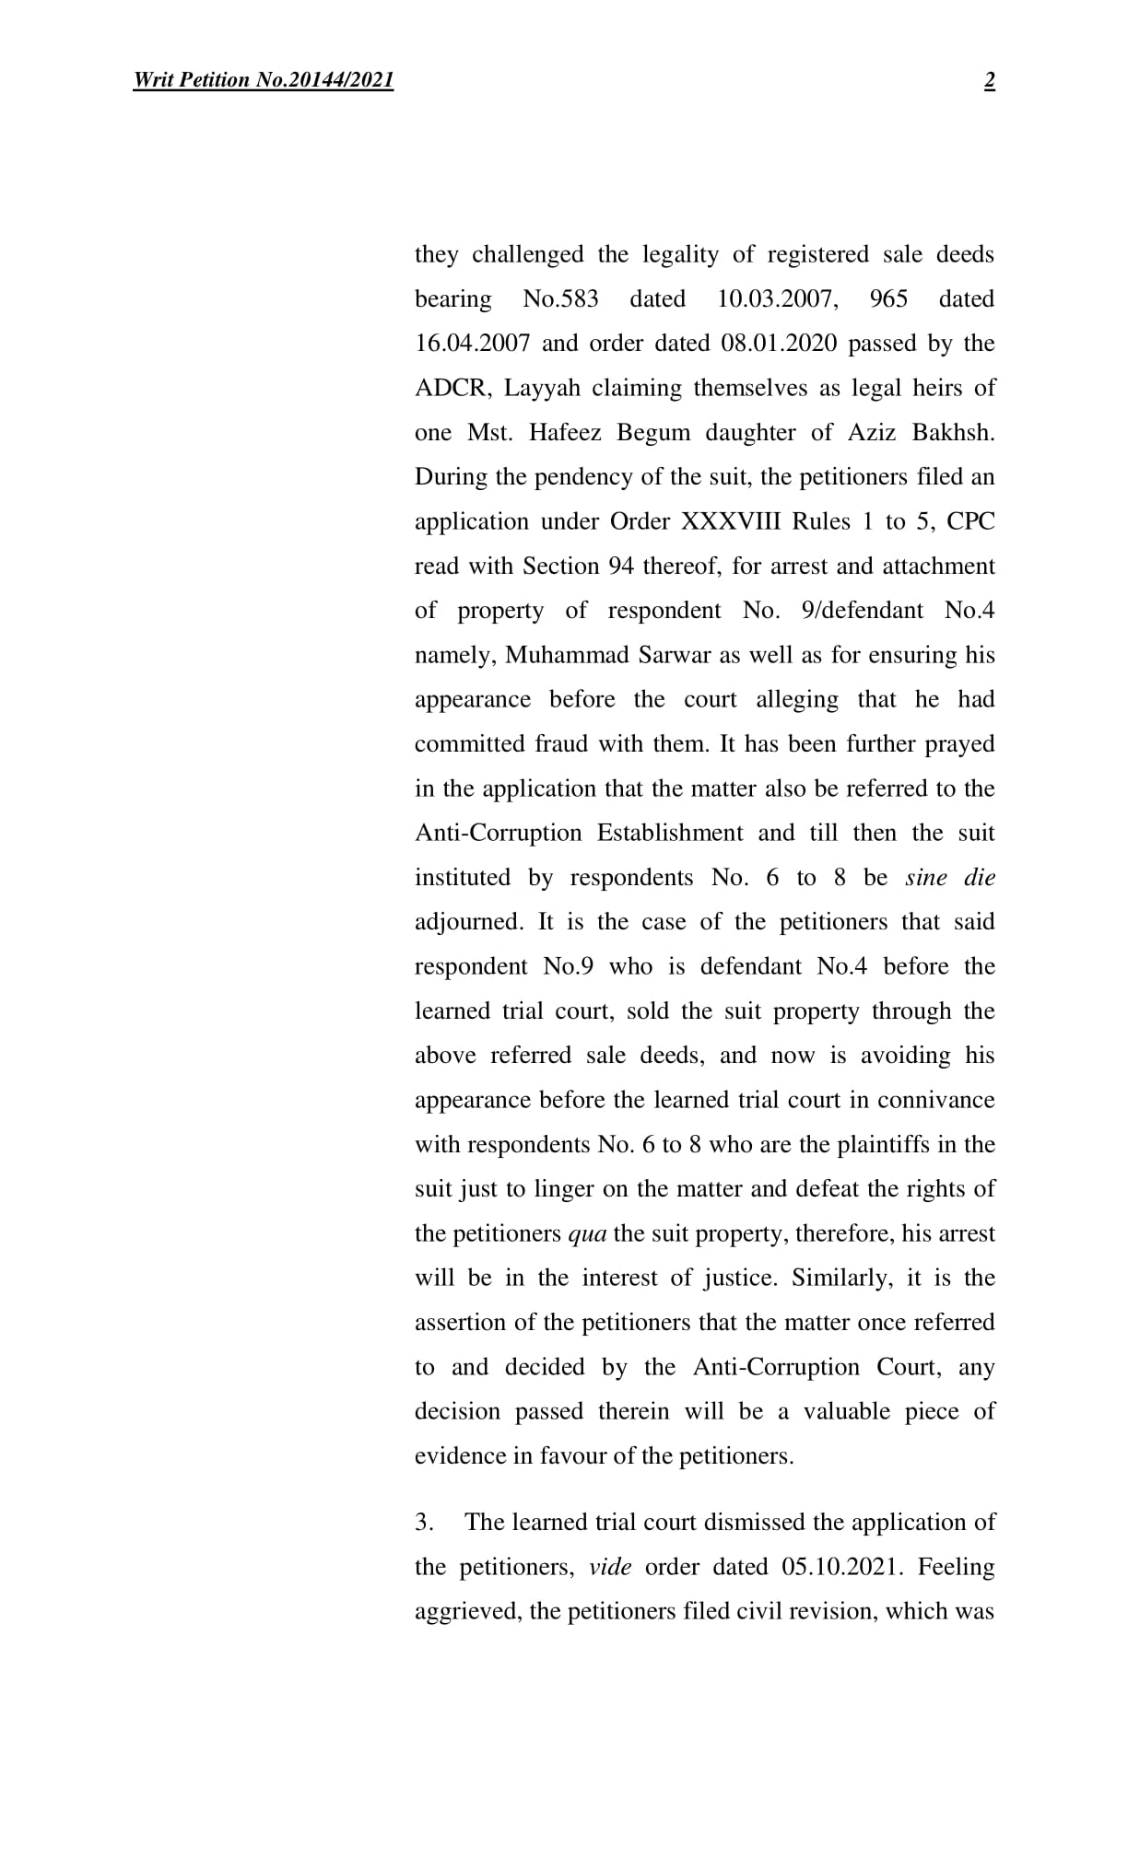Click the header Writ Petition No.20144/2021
tap(264, 81)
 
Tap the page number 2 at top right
tap(989, 81)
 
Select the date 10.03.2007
tap(777, 299)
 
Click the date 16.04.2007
tap(472, 344)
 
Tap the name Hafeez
tap(561, 433)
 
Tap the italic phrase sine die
tap(949, 878)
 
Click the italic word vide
tap(610, 1567)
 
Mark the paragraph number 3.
tap(424, 1523)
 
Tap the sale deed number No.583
tap(560, 299)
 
